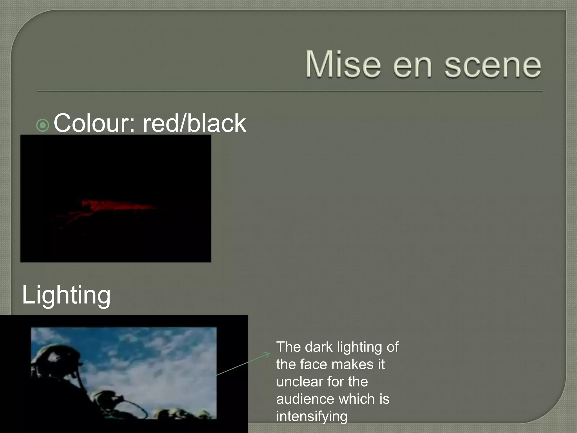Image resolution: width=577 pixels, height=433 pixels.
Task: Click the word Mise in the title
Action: (343, 64)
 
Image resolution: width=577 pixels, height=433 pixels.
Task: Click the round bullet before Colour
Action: (43, 125)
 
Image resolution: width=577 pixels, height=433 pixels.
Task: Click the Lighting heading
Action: (66, 295)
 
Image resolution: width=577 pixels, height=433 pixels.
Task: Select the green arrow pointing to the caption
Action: (244, 364)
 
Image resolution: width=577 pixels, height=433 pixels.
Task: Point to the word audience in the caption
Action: (305, 399)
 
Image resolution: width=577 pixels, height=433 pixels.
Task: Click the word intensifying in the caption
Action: (312, 417)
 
